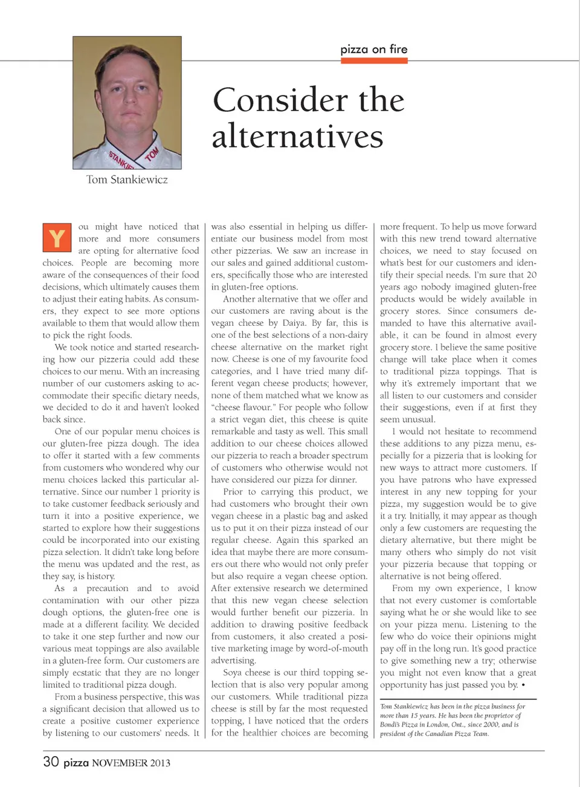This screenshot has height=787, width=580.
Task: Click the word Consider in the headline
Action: tap(279, 100)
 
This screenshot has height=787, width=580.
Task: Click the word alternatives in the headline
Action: tap(297, 136)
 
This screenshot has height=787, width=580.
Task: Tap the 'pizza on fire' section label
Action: tap(374, 49)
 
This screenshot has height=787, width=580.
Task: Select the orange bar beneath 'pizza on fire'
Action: tap(374, 60)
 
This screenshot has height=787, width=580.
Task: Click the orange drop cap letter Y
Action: tap(57, 238)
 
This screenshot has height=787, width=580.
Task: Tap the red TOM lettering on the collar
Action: tap(152, 154)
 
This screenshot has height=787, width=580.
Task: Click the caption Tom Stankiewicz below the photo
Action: tap(127, 180)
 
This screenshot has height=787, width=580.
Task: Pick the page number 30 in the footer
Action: tap(51, 762)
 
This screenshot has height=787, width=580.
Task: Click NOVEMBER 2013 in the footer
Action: tap(131, 763)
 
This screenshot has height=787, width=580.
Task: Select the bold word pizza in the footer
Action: tap(76, 763)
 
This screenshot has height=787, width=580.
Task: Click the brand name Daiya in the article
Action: tap(294, 323)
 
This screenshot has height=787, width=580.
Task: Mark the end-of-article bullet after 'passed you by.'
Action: tap(523, 685)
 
